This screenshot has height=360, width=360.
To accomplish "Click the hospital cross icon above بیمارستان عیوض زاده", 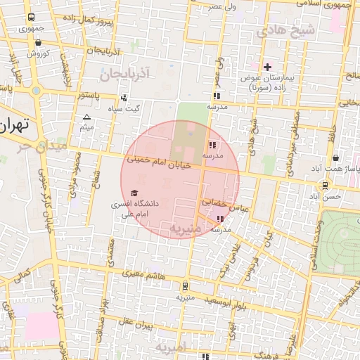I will [x=267, y=67].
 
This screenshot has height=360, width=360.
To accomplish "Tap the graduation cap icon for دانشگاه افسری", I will [x=134, y=193].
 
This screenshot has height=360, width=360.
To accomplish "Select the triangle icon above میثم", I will [x=86, y=117].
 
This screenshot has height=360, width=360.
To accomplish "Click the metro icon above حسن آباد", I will [x=325, y=186].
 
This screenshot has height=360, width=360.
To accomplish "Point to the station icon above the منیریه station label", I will [x=184, y=286].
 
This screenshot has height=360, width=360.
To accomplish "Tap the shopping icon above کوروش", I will [x=37, y=43].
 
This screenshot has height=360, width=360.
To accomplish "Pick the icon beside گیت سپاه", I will [x=124, y=98].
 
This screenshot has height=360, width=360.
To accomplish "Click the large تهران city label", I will [x=14, y=127].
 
